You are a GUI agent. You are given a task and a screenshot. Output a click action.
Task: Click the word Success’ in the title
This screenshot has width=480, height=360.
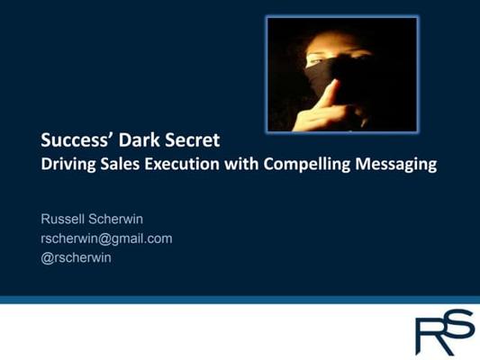(x=77, y=140)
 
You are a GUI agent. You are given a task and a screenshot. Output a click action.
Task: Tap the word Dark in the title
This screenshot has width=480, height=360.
(x=140, y=140)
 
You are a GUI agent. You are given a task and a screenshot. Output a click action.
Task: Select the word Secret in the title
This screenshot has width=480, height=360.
(x=192, y=140)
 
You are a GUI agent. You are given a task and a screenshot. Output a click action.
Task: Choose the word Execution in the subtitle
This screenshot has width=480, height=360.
(x=182, y=164)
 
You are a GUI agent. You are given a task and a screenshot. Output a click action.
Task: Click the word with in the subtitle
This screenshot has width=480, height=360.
(x=241, y=164)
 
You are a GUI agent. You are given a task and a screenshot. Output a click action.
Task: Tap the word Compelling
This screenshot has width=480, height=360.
(x=306, y=164)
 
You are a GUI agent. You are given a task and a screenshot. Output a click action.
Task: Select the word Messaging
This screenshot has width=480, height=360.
(x=396, y=164)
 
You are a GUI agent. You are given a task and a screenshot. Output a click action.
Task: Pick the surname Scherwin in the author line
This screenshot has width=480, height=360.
(x=115, y=219)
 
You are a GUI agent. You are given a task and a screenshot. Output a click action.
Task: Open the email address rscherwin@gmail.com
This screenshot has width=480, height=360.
(x=106, y=238)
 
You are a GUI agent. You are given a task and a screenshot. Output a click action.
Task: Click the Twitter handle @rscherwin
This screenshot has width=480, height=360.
(x=76, y=257)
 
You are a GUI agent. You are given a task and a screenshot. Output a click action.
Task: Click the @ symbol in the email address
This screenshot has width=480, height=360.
(x=104, y=238)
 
